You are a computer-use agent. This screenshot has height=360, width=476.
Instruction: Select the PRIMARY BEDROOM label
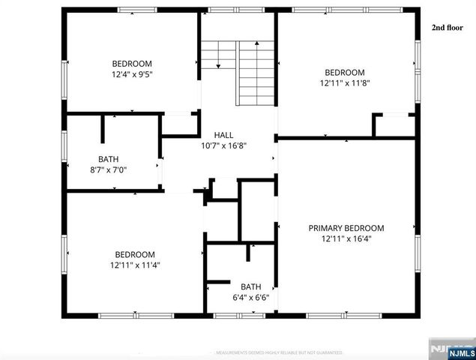pos(346,228)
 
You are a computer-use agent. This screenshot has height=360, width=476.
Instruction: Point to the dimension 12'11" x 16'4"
pos(346,238)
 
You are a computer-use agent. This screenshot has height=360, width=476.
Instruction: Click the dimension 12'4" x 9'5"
pos(132,74)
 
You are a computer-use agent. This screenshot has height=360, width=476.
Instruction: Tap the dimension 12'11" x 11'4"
pos(135,265)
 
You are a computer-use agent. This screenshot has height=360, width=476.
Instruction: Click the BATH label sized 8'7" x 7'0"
pos(108,159)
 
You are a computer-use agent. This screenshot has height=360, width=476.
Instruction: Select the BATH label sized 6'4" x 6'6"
pos(250,286)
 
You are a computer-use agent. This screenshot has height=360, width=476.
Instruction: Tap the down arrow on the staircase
pos(218,64)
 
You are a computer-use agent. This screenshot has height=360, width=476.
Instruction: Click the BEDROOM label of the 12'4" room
pos(132,63)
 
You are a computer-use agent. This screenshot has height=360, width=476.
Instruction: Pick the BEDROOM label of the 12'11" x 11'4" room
pos(135,254)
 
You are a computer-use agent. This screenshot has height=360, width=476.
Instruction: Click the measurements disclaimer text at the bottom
pos(279,352)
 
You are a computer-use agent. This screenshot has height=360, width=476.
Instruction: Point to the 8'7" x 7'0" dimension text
pos(108,170)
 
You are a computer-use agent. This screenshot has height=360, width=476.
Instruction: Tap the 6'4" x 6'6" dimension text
pos(250,298)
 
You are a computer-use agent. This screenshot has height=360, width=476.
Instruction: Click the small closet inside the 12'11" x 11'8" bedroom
pos(395,125)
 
